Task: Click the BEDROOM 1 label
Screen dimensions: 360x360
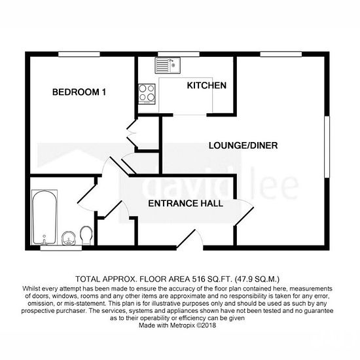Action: point(79,92)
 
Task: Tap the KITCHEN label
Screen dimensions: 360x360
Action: point(207,85)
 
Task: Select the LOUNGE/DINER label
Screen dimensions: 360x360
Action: point(243,145)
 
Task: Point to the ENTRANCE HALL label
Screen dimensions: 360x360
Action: point(185,204)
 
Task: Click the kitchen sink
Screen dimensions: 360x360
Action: point(168,65)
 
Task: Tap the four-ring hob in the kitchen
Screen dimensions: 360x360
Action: point(147,94)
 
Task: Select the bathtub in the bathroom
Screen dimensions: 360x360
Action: point(45,217)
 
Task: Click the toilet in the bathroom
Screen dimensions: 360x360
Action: point(86,235)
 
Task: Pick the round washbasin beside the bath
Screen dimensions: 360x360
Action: point(69,238)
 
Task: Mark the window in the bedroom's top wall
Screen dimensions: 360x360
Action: point(79,54)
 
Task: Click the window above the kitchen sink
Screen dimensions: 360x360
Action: point(179,54)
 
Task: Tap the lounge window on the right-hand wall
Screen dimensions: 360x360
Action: point(327,147)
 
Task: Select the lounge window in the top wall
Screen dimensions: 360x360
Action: point(281,54)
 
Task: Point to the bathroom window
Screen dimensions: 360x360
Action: point(61,248)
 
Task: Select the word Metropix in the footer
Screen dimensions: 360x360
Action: point(183,325)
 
